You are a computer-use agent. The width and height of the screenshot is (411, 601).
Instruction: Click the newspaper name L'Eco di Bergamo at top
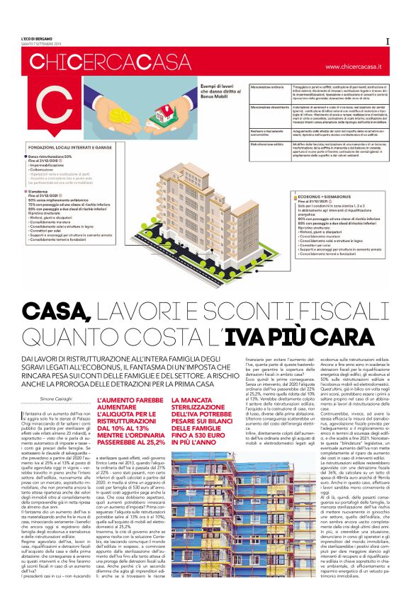(x=35, y=37)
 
